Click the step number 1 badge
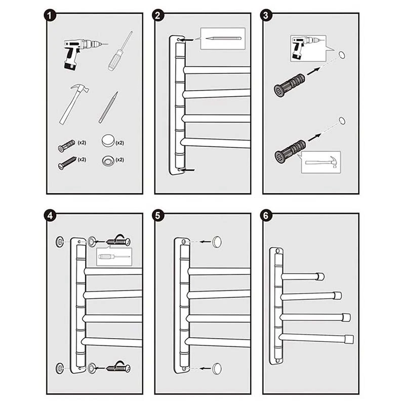point(50,16)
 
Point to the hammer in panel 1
point(73,104)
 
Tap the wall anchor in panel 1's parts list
point(66,146)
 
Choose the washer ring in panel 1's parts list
point(107,160)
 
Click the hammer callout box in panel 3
point(321,162)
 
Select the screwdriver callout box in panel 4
point(114,257)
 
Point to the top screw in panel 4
point(117,241)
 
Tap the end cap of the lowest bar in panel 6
point(348,339)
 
